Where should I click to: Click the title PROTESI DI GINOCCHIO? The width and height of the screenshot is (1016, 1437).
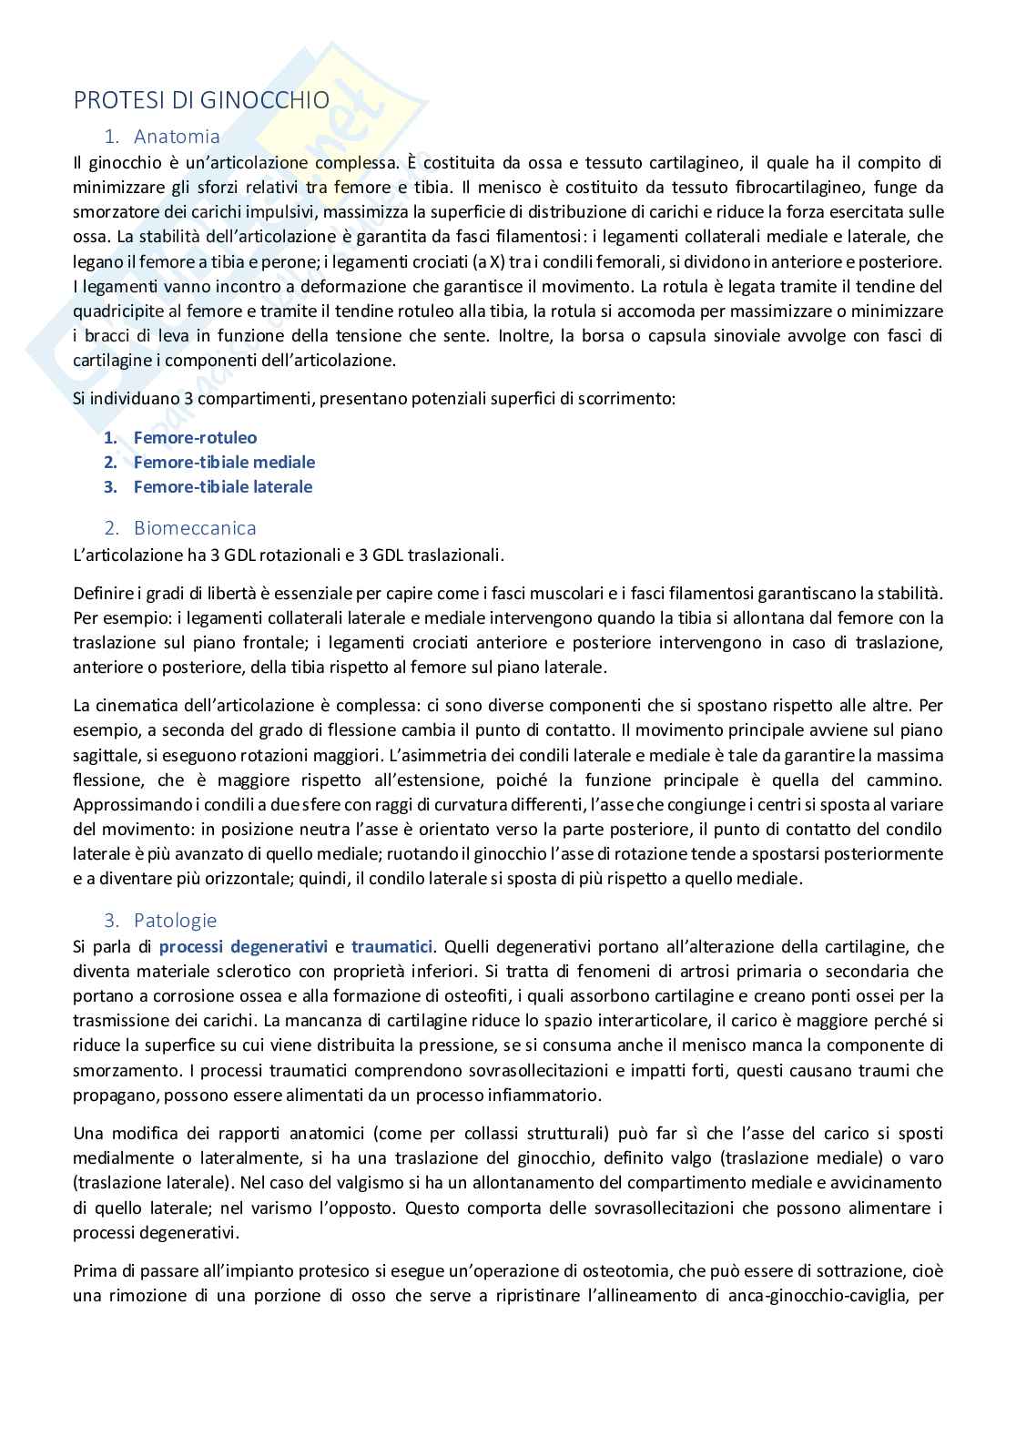pyautogui.click(x=201, y=100)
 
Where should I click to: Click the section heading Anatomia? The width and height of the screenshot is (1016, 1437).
pyautogui.click(x=177, y=137)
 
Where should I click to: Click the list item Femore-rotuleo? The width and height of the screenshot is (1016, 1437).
pyautogui.click(x=195, y=438)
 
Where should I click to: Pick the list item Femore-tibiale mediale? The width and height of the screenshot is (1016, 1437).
pyautogui.click(x=224, y=463)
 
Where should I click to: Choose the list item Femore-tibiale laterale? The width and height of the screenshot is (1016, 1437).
pyautogui.click(x=222, y=487)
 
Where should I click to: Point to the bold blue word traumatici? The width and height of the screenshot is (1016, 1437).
pyautogui.click(x=391, y=947)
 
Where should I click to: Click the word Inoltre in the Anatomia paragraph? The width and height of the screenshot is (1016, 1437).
pyautogui.click(x=523, y=336)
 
